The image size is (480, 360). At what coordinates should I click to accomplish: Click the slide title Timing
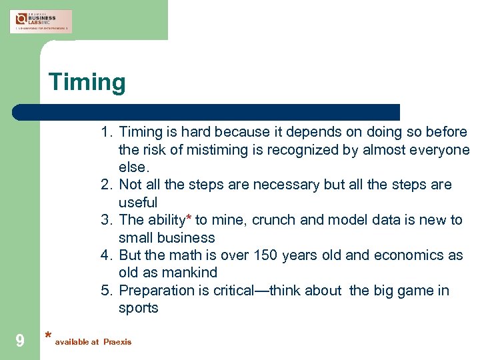coord(87,83)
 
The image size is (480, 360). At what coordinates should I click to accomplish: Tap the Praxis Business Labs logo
coord(41,21)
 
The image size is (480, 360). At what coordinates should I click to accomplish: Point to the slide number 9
coord(20,341)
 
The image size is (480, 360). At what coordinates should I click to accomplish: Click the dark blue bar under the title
coord(207,112)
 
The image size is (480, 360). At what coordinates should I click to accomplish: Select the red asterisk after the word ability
coord(189,219)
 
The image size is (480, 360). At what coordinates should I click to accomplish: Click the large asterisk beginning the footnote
coord(47,337)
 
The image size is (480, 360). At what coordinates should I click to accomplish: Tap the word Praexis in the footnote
coord(117,342)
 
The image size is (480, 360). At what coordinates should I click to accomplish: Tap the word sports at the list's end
coord(138,308)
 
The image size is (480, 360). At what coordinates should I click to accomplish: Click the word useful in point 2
coord(138,202)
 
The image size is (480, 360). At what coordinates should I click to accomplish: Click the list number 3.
coord(106,220)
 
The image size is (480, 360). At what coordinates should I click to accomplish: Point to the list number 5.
coord(106,291)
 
